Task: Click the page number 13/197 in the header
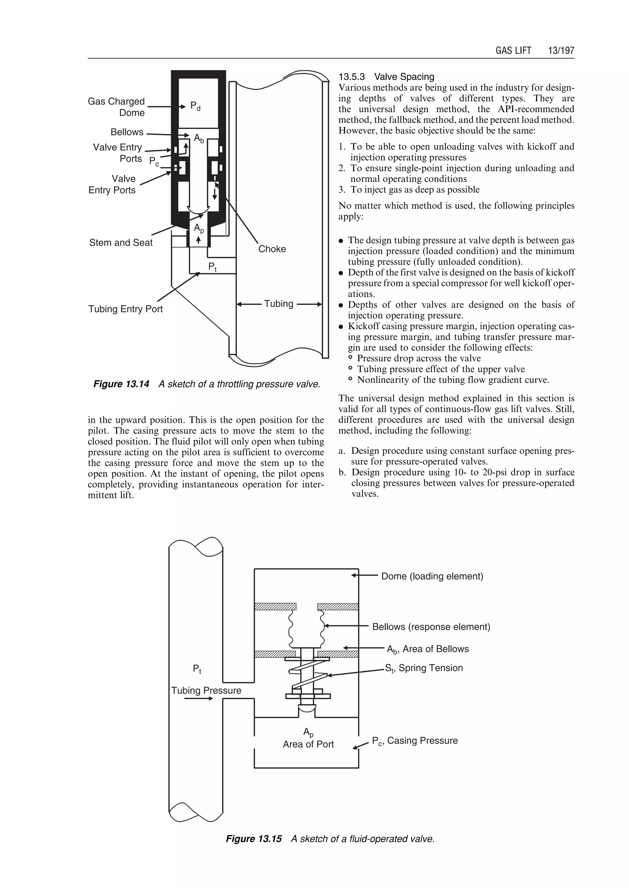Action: [x=561, y=50]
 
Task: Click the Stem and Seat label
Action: [x=121, y=243]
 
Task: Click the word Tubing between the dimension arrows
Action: [x=279, y=304]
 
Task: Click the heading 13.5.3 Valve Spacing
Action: [x=386, y=77]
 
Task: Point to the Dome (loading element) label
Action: [x=432, y=576]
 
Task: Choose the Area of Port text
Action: [x=308, y=744]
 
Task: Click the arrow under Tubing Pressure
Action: [x=199, y=699]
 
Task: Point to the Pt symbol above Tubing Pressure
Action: [x=197, y=669]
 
